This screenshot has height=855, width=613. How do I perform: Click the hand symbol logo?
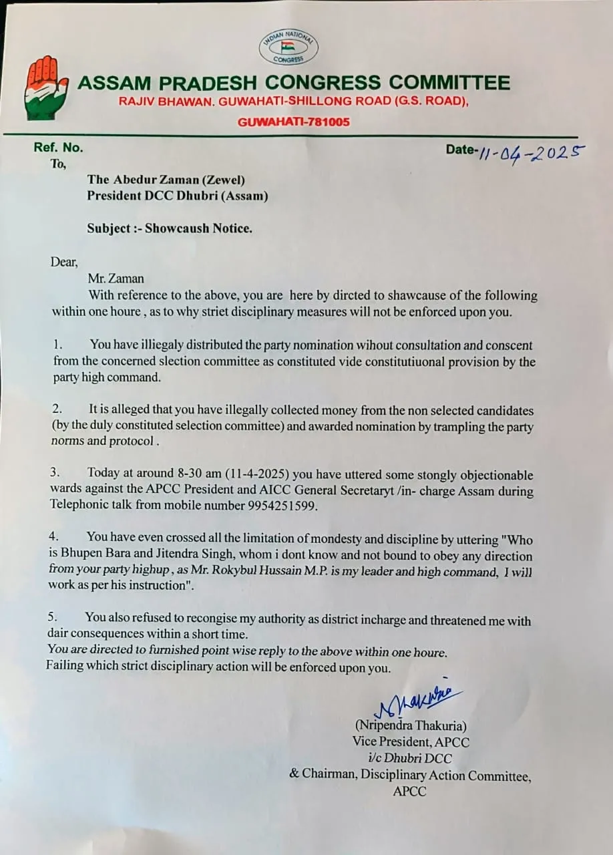[x=45, y=86]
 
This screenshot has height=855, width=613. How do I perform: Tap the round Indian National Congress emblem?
[x=288, y=47]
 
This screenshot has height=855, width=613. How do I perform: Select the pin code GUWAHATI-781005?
[x=294, y=122]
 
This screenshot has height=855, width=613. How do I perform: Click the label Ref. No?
[x=59, y=148]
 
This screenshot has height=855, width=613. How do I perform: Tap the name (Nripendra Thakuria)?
[x=411, y=725]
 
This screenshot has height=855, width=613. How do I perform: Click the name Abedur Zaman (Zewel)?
[x=179, y=180]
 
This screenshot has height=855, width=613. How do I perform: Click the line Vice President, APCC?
[x=411, y=741]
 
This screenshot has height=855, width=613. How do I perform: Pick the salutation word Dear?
[x=64, y=262]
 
